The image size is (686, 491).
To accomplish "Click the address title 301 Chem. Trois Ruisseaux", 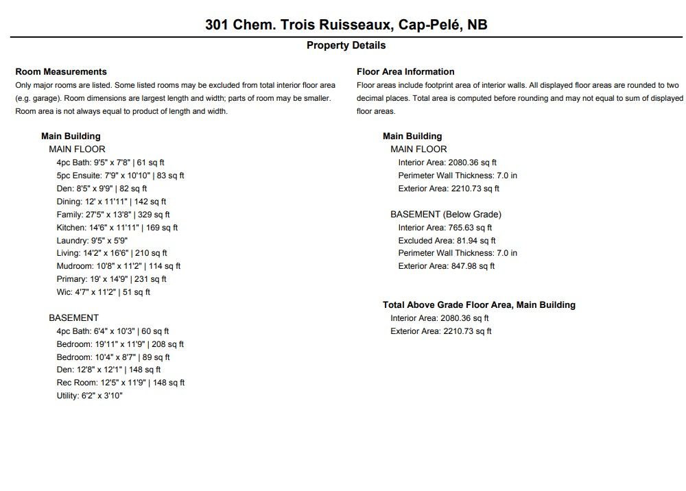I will click(x=346, y=25).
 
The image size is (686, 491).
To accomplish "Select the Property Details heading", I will click(x=346, y=45).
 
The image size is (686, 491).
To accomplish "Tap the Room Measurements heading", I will click(x=61, y=71).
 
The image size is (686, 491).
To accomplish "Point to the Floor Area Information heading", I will click(x=405, y=71).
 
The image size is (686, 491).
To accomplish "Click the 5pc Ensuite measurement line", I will click(x=120, y=176).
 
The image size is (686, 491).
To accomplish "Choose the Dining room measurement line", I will click(x=111, y=202).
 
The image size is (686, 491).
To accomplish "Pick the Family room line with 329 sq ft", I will click(x=113, y=215).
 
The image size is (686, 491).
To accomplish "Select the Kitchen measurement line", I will click(x=117, y=228).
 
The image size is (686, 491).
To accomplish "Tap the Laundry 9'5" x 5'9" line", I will click(x=92, y=241).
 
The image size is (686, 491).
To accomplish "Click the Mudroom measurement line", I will click(x=118, y=266).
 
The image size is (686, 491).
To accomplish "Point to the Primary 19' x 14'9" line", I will click(x=111, y=279).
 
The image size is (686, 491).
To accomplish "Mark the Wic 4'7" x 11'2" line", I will click(x=103, y=292).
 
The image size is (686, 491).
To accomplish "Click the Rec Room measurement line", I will click(x=121, y=383).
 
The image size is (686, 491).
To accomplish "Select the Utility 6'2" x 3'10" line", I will click(x=89, y=396).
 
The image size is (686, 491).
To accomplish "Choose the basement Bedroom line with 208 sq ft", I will click(x=120, y=344).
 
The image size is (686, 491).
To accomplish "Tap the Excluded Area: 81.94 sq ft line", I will click(x=447, y=241).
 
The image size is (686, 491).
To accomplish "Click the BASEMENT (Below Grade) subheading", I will click(x=445, y=215).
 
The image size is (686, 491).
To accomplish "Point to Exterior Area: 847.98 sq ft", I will click(x=446, y=266).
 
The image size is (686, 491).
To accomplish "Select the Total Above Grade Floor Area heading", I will click(x=479, y=304).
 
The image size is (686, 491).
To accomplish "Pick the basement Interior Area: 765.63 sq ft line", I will click(x=445, y=228).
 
